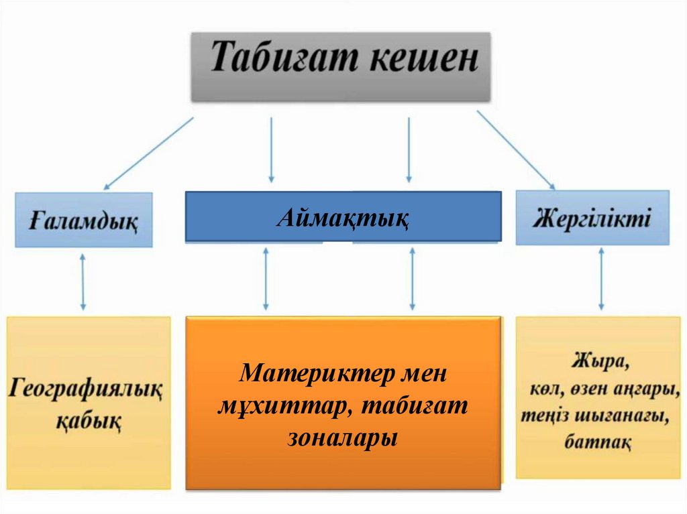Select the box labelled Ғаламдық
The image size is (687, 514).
pyautogui.click(x=85, y=220)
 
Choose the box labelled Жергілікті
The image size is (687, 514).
pyautogui.click(x=592, y=218)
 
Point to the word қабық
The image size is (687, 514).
pyautogui.click(x=87, y=422)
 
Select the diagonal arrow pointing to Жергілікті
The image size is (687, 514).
pyautogui.click(x=515, y=149)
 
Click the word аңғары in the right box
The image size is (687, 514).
pyautogui.click(x=643, y=389)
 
